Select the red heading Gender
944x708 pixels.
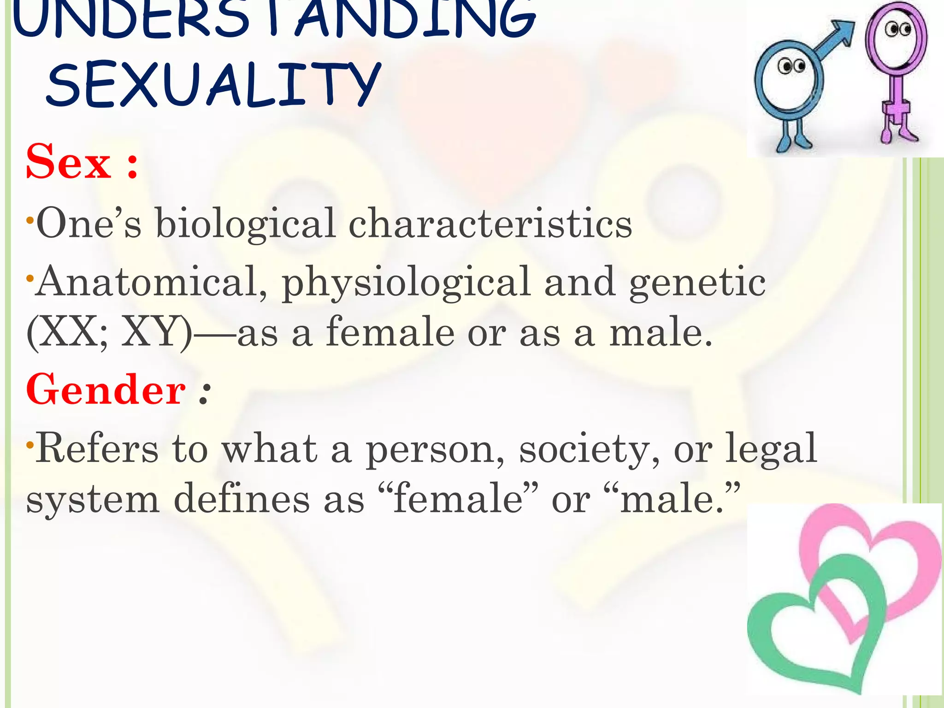pyautogui.click(x=106, y=390)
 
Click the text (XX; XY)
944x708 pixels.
pyautogui.click(x=109, y=332)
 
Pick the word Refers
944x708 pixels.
pyautogui.click(x=97, y=448)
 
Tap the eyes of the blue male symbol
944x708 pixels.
pyautogui.click(x=791, y=66)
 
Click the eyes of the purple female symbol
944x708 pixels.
pyautogui.click(x=897, y=29)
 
